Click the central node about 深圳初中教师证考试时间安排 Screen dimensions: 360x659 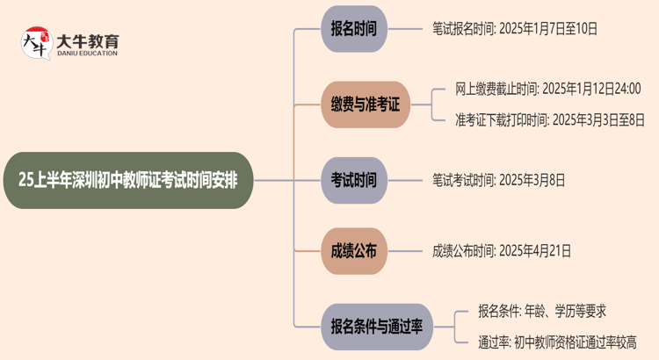133,180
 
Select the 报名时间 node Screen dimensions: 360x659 353,29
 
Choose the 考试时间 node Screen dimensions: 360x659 353,180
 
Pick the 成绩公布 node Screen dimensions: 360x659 353,251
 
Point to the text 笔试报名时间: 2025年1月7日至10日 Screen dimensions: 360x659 514,29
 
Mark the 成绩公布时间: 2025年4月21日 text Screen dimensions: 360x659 501,251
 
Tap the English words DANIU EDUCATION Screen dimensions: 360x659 88,54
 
